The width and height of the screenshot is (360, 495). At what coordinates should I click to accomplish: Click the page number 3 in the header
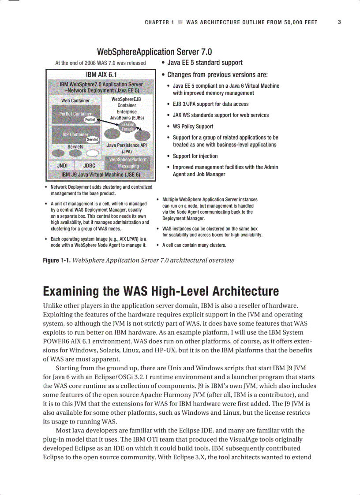339,22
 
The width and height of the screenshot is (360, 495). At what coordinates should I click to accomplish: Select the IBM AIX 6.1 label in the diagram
101,74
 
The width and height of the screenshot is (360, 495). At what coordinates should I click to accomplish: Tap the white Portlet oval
90,119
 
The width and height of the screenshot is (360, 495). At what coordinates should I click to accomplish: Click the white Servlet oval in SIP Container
92,140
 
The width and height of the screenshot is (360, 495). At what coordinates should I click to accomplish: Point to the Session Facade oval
127,127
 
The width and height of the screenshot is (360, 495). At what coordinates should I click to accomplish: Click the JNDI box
62,166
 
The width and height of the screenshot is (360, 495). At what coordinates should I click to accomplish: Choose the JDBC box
89,166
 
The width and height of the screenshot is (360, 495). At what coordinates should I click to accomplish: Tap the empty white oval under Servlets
92,153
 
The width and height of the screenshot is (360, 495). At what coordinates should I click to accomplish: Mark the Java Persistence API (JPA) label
127,148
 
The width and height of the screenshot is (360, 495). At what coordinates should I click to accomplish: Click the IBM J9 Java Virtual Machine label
101,175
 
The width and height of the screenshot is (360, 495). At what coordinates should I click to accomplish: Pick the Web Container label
75,100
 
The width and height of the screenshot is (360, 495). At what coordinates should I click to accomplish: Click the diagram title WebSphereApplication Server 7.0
154,52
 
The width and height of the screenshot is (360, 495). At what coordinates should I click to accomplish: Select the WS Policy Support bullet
192,127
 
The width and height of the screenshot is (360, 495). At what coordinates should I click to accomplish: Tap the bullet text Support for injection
195,156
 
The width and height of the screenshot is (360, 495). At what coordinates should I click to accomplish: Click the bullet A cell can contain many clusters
194,245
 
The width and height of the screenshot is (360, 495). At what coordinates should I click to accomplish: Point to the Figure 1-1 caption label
56,260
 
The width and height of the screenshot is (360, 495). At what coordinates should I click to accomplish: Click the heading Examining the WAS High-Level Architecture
161,291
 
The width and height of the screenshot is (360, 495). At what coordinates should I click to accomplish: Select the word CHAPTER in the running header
157,22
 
